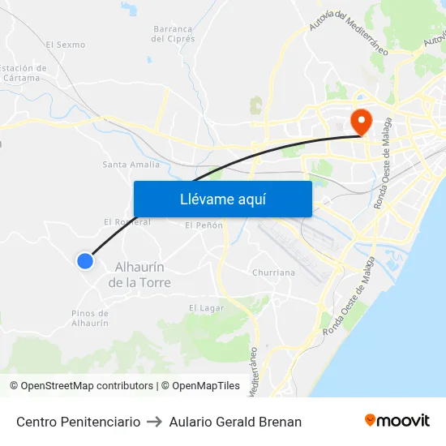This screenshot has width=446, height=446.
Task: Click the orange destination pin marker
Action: coord(360,122)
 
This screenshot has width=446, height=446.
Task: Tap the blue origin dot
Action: coord(85,260)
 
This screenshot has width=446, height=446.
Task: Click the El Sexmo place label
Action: coord(65,45)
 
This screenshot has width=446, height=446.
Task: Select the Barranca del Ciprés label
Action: coord(174,33)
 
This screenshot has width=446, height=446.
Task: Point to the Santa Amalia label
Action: coord(131,165)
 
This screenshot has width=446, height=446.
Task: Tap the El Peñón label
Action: coord(204,225)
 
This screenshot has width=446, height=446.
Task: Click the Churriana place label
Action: coord(273,272)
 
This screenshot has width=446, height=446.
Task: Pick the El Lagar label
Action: coord(206,307)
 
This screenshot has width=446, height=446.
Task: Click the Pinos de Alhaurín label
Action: coord(90,318)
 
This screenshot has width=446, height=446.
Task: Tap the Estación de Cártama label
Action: coord(23,73)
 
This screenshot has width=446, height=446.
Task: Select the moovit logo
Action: coord(397,421)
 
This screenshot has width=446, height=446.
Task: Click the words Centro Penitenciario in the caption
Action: coord(78,422)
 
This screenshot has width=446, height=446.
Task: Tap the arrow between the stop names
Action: coord(154,422)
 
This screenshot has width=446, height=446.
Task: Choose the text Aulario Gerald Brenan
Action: coord(235,422)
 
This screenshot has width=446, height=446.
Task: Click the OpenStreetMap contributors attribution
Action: coord(81,386)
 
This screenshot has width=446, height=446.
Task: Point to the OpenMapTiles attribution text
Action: coord(200,386)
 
